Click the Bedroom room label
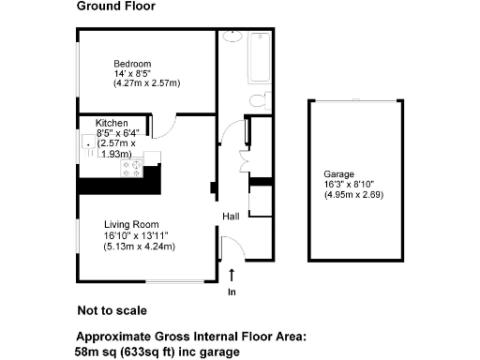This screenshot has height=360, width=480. click(x=132, y=64)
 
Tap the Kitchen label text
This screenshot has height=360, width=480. click(x=112, y=123)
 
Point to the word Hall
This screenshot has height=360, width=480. click(x=231, y=217)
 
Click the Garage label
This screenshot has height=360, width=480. click(x=339, y=174)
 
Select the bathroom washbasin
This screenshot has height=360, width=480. click(x=232, y=38)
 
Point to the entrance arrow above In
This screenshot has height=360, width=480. click(x=232, y=274)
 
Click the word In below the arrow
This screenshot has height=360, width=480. click(x=232, y=292)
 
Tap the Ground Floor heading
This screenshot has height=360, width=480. click(x=116, y=7)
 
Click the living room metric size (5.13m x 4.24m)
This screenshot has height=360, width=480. click(x=140, y=246)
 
